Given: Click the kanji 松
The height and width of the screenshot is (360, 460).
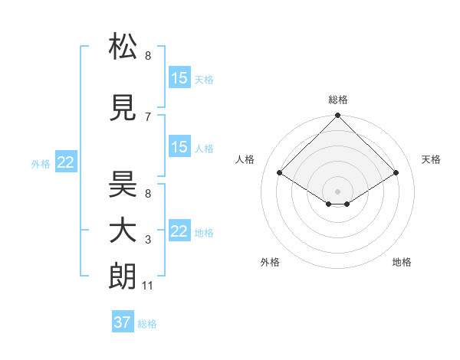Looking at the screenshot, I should (123, 47).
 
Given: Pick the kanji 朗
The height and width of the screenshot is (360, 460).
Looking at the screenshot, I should (123, 277).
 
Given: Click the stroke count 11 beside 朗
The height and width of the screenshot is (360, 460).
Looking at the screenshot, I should (147, 286).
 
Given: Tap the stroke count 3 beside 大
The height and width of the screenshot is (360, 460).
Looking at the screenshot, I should (148, 240).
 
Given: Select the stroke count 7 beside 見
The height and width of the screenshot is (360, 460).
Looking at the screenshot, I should (148, 116).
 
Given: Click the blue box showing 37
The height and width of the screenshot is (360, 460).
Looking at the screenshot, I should (122, 322).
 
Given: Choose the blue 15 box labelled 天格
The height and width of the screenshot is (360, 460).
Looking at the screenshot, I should (179, 78).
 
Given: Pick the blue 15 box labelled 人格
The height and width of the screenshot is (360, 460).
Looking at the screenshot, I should (179, 147).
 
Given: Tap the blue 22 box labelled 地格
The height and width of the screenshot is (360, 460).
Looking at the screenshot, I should (179, 231).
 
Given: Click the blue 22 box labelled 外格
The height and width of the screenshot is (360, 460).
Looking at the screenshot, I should (66, 162).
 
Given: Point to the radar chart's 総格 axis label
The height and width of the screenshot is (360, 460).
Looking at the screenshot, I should (338, 100).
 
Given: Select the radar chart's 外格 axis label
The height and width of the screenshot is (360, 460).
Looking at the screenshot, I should (270, 262).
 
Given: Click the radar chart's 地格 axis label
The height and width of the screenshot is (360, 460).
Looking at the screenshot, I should (402, 262).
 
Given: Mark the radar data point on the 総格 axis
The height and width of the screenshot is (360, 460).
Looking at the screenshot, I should (337, 116).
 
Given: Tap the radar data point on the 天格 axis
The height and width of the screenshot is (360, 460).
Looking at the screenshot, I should (396, 173).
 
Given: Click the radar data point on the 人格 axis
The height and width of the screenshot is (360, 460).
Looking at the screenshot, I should (280, 173).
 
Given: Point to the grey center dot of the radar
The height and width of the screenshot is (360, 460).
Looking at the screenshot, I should (337, 190).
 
